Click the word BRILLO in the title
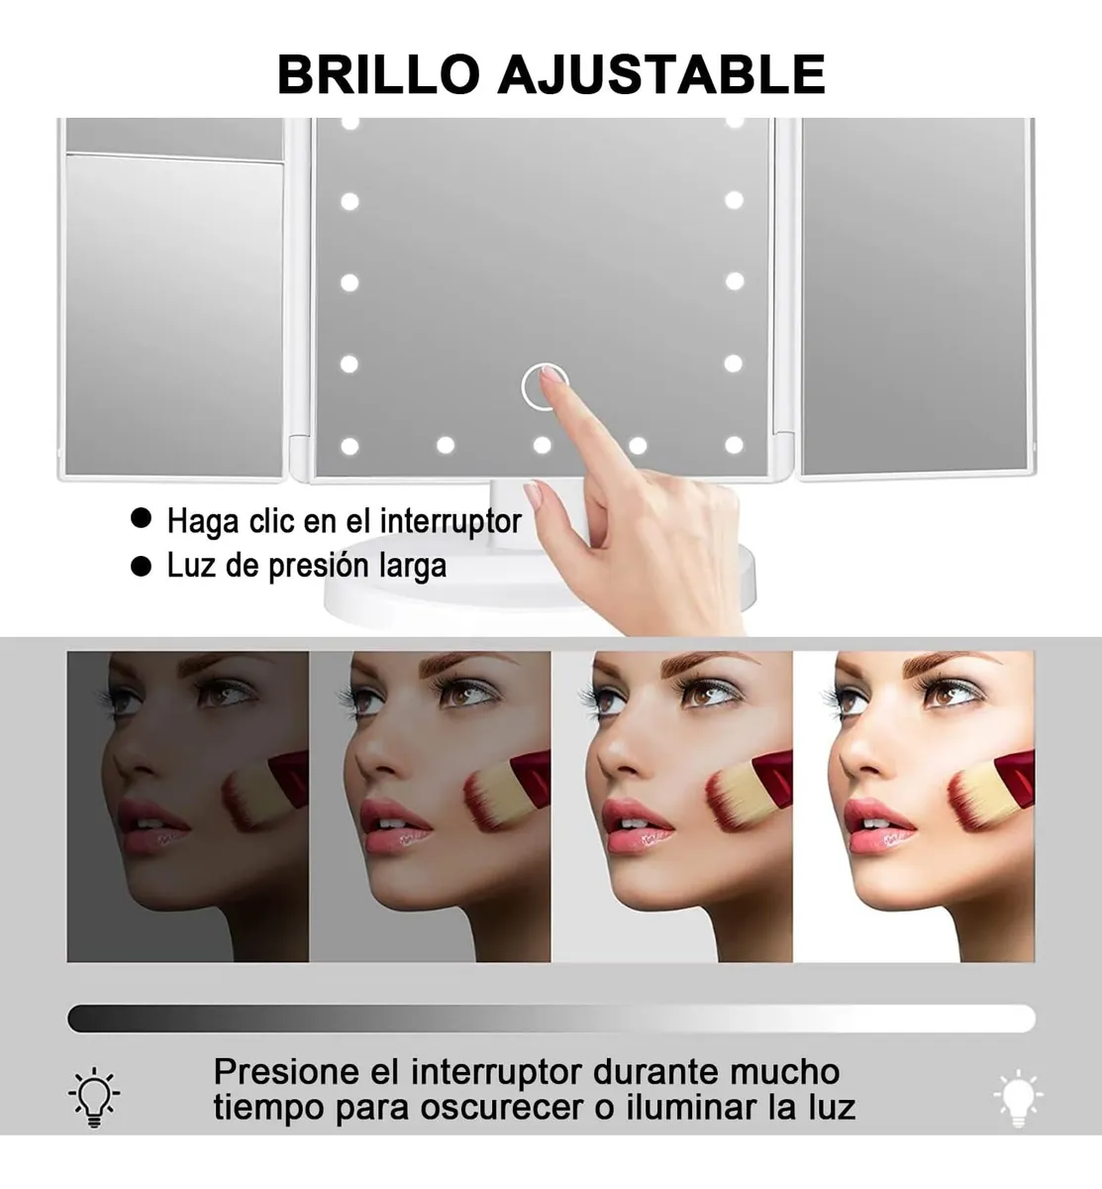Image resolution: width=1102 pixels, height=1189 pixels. tap(378, 74)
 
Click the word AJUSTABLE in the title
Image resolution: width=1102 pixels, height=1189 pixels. tap(661, 74)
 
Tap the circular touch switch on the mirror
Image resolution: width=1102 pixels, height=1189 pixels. tap(544, 386)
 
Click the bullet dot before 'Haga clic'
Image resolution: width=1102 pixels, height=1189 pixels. tap(142, 518)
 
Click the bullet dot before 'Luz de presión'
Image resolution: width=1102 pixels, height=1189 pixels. tap(142, 565)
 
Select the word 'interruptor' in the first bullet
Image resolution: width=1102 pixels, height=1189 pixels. tap(451, 520)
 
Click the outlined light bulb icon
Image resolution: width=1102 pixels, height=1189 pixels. tap(94, 1097)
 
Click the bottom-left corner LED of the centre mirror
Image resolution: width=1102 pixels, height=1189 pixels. tap(350, 446)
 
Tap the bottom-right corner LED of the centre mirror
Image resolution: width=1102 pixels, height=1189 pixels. tap(734, 445)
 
